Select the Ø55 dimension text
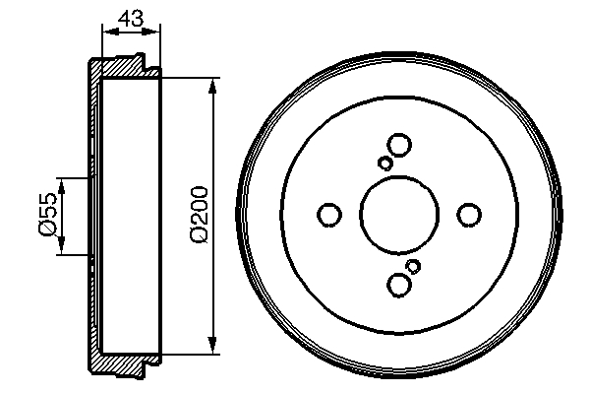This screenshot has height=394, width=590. [x=45, y=215]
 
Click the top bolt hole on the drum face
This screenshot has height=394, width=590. [x=399, y=145]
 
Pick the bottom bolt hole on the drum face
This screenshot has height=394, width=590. [x=399, y=285]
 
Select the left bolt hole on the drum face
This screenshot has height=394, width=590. [x=329, y=215]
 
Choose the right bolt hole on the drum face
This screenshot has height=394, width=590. [x=470, y=215]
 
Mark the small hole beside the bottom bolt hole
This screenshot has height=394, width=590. [x=413, y=266]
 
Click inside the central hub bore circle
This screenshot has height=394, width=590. [x=399, y=215]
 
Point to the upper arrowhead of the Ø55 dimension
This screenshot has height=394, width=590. [x=62, y=184]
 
